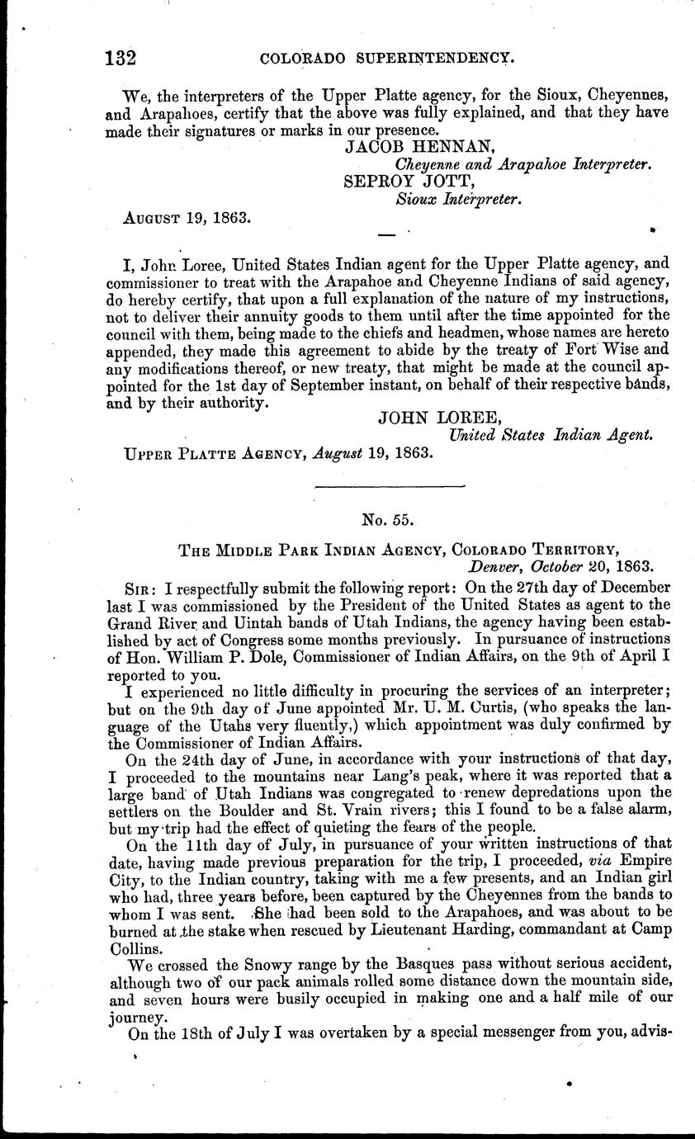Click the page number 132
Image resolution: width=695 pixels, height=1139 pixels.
click(x=121, y=58)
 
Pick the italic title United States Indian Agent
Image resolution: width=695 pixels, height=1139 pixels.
click(x=551, y=434)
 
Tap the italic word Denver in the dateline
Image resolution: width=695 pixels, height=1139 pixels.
click(x=494, y=566)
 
